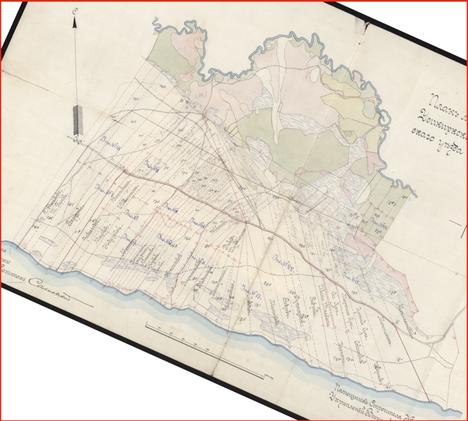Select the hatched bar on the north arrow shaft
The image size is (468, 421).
[x=77, y=120]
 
